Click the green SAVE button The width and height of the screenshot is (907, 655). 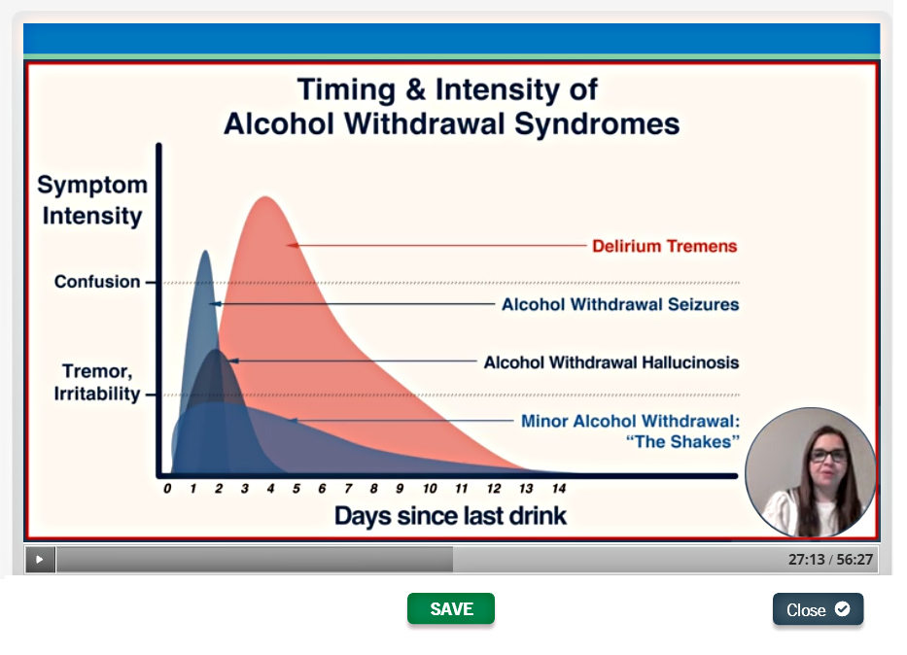(x=451, y=608)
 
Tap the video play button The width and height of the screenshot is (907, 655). (x=40, y=559)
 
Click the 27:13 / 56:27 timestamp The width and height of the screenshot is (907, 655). (x=830, y=560)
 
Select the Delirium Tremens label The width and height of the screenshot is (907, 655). (x=665, y=246)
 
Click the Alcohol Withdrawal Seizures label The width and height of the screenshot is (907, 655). (x=620, y=305)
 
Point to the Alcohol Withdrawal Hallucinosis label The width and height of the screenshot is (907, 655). (x=611, y=362)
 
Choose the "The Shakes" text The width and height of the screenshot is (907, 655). (x=682, y=441)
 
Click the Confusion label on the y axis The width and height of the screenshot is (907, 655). (x=97, y=282)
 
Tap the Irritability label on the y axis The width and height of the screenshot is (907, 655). (x=97, y=395)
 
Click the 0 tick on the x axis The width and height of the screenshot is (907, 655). (x=167, y=489)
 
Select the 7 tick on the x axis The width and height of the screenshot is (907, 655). (x=348, y=489)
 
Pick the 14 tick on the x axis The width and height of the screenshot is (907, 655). (x=559, y=489)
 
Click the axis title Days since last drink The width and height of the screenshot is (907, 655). (x=451, y=516)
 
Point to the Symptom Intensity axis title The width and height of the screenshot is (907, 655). (x=92, y=200)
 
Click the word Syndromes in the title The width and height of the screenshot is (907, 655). (x=597, y=123)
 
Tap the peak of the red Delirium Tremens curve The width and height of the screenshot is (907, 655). (x=265, y=197)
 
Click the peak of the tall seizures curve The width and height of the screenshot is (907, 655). (x=205, y=251)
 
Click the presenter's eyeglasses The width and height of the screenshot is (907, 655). (x=828, y=456)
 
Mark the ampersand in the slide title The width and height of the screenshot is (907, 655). (x=415, y=89)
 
